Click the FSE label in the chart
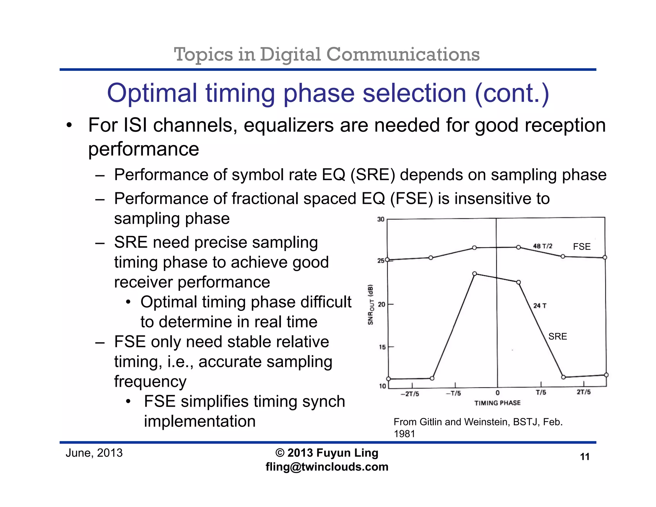click(x=582, y=246)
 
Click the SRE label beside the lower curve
click(x=557, y=336)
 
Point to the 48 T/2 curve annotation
click(x=543, y=246)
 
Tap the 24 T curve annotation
click(x=540, y=305)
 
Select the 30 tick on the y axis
click(x=381, y=219)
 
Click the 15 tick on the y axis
click(x=382, y=347)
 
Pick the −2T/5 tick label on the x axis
click(x=410, y=394)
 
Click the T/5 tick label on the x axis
click(x=541, y=392)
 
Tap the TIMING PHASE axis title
click(x=497, y=403)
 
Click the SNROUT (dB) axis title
click(x=371, y=304)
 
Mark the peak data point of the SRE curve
click(x=475, y=273)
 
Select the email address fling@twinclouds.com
click(x=327, y=467)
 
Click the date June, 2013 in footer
click(x=94, y=453)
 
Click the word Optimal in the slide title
click(x=152, y=93)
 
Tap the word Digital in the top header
click(x=290, y=54)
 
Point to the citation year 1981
click(x=404, y=434)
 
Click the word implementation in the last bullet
click(x=200, y=421)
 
